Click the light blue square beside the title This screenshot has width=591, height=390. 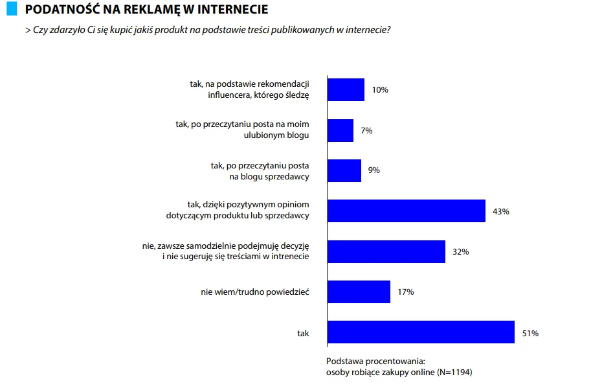[11, 9]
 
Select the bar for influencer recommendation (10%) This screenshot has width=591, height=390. [346, 89]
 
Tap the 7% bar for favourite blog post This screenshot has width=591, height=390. [340, 130]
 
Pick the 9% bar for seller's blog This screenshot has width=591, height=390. [344, 170]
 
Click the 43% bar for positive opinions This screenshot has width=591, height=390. [407, 211]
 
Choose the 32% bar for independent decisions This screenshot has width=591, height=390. [386, 251]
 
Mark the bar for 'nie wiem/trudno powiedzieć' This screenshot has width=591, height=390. [359, 292]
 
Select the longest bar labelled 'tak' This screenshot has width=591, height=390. [421, 332]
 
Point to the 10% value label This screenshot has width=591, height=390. [380, 90]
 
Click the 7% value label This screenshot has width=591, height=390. [366, 130]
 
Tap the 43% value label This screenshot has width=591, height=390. [500, 211]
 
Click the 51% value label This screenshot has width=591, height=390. [530, 333]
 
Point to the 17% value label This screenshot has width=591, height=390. [406, 292]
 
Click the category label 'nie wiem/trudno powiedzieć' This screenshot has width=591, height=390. [254, 292]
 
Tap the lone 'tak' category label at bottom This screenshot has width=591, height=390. [303, 333]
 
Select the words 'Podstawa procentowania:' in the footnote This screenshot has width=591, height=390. [375, 361]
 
